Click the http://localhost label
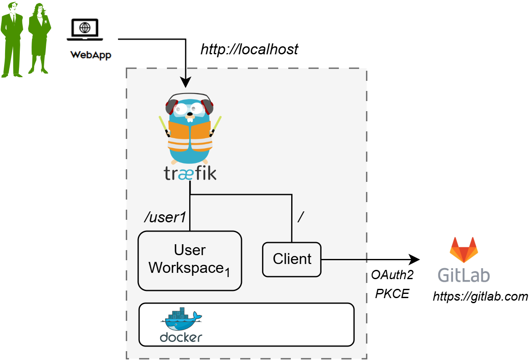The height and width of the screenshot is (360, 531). [249, 49]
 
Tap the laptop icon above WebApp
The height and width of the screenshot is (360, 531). [86, 30]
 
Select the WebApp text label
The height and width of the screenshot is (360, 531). [91, 55]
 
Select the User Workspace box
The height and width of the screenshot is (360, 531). [190, 260]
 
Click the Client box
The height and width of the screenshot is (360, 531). [292, 259]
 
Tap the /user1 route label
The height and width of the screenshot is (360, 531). [165, 218]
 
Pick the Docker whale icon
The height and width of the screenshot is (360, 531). [181, 320]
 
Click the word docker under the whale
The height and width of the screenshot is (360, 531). [181, 337]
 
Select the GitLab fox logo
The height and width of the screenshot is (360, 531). [464, 250]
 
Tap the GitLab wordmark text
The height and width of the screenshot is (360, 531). [464, 275]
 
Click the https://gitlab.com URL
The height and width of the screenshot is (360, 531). [480, 296]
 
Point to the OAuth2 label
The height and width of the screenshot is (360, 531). [392, 275]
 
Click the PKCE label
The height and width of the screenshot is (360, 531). [392, 293]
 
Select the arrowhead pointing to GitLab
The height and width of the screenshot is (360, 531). [415, 259]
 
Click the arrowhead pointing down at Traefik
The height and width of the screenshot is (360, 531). [185, 82]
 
